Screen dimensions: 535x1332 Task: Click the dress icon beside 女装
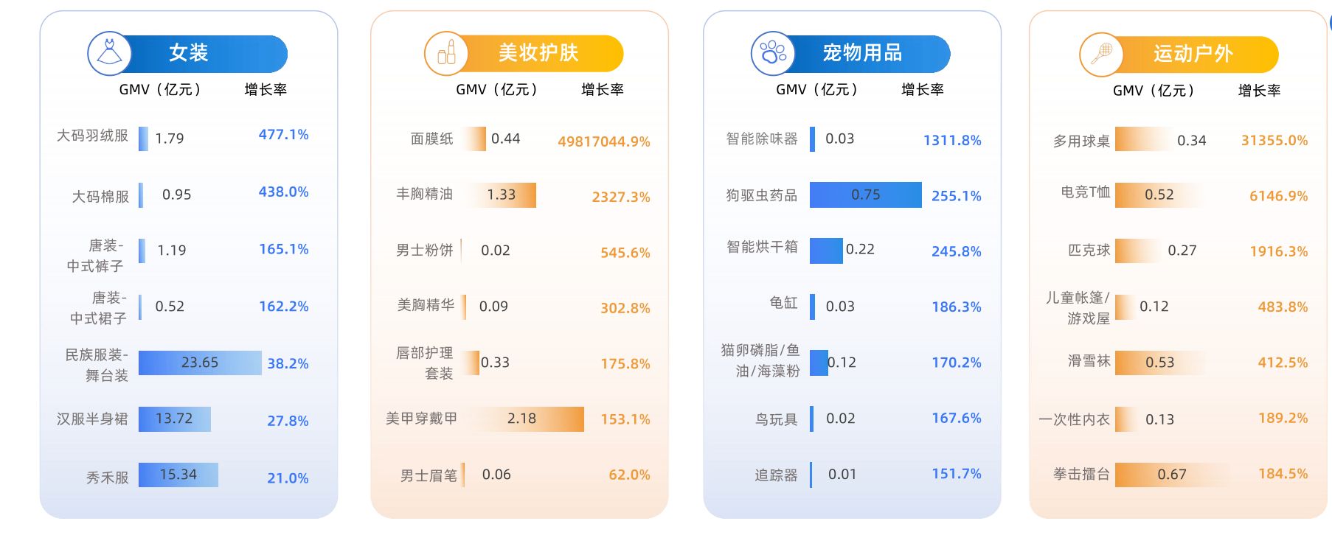[110, 53]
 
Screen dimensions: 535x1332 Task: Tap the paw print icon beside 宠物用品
[773, 53]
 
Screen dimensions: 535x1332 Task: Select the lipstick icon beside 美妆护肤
[446, 53]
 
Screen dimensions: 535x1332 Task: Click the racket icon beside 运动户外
[1101, 54]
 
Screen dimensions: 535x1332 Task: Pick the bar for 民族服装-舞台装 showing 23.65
[200, 363]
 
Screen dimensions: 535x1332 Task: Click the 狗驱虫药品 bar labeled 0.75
[865, 195]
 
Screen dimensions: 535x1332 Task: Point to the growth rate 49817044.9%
[603, 141]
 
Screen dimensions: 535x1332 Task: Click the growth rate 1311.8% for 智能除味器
[952, 140]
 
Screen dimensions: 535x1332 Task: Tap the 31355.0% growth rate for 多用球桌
[1274, 140]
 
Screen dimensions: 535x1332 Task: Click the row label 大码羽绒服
[92, 136]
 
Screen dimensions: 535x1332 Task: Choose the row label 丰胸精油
[424, 194]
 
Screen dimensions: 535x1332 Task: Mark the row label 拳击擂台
[1081, 475]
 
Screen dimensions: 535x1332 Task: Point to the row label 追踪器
[776, 475]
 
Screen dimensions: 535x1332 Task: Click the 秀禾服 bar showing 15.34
[178, 475]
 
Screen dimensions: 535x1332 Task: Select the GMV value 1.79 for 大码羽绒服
[170, 139]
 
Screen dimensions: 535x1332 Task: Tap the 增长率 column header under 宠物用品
[922, 90]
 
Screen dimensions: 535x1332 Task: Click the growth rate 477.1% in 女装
[283, 135]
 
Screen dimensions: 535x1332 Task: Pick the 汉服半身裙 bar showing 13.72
[175, 419]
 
